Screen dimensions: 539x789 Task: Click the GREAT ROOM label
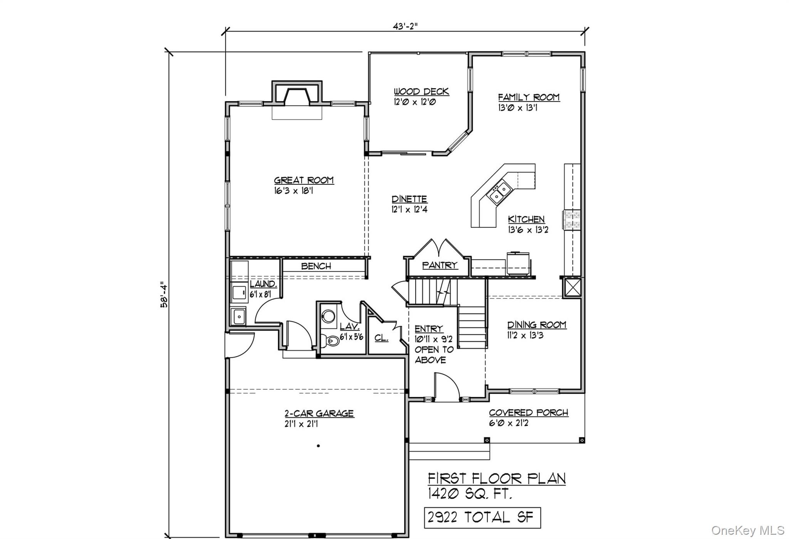tap(304, 180)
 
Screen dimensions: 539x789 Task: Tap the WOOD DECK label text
tap(421, 92)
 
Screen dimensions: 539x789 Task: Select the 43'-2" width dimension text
tap(405, 26)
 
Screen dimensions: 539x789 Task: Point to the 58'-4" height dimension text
tap(165, 294)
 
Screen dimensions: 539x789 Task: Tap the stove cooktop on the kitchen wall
tap(572, 220)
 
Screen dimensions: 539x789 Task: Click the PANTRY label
tap(439, 265)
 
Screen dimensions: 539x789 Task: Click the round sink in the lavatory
tap(328, 316)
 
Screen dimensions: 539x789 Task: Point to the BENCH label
tap(316, 266)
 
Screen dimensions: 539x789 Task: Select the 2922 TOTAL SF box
tap(482, 517)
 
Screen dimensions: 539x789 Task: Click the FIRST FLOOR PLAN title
tap(497, 478)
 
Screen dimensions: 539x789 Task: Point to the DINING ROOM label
tap(536, 325)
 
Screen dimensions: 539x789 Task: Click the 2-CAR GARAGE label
tap(319, 414)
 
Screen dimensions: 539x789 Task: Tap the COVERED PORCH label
tap(529, 413)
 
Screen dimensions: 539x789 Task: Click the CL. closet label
tap(381, 338)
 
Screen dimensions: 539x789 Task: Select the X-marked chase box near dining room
tap(572, 288)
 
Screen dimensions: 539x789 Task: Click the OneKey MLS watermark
tap(747, 531)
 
